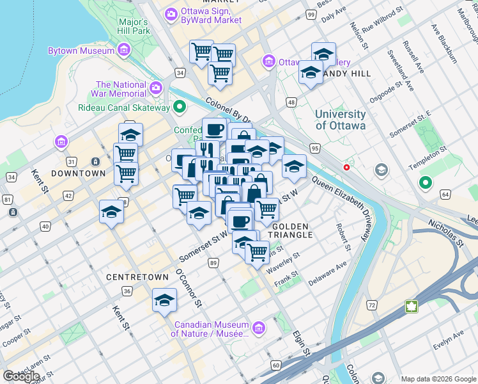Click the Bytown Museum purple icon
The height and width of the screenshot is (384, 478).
click(124, 49)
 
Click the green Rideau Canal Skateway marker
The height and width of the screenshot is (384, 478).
click(180, 107)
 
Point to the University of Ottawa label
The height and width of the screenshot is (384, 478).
click(341, 120)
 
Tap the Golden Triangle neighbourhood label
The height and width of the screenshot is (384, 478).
click(292, 230)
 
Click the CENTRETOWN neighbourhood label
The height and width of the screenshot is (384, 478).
click(133, 277)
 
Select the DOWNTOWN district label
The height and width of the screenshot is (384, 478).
click(78, 173)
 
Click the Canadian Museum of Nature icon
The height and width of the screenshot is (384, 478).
click(258, 328)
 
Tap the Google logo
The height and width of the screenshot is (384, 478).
click(21, 376)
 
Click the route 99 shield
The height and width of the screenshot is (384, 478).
click(311, 15)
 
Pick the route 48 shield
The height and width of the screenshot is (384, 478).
click(291, 102)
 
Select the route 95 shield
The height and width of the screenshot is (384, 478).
click(314, 148)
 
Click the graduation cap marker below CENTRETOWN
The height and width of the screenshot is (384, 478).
click(164, 300)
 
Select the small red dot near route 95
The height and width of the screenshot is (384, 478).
click(346, 167)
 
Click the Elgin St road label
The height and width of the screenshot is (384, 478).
click(302, 344)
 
